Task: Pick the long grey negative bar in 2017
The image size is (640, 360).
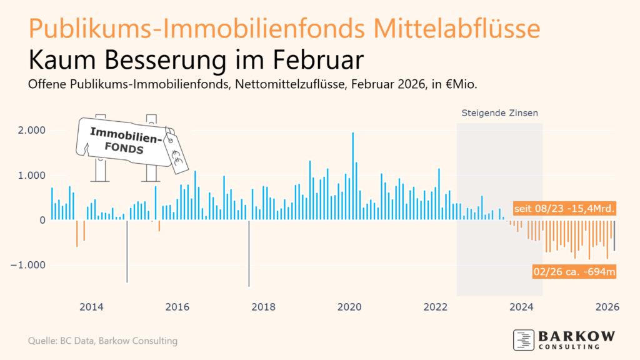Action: click(x=249, y=253)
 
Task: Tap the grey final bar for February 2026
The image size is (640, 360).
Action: click(x=614, y=236)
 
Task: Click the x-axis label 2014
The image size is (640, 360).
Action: click(x=91, y=307)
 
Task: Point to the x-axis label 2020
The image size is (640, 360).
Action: click(x=350, y=307)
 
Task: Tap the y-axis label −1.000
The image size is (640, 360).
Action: click(x=28, y=265)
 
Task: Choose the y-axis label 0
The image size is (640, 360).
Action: click(x=43, y=220)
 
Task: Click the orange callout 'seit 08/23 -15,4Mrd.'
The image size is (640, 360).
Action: click(x=565, y=208)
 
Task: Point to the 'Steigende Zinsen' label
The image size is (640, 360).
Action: click(x=499, y=113)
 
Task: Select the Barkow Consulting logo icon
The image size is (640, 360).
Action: click(x=523, y=339)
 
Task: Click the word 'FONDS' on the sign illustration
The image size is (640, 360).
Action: click(x=124, y=149)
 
